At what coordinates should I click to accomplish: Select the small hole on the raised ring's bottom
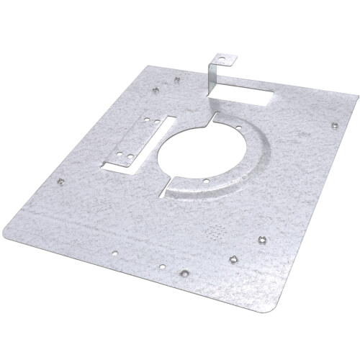coord(206,181)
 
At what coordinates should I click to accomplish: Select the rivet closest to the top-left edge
coord(156,90)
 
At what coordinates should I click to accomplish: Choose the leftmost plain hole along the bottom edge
coord(115,252)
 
